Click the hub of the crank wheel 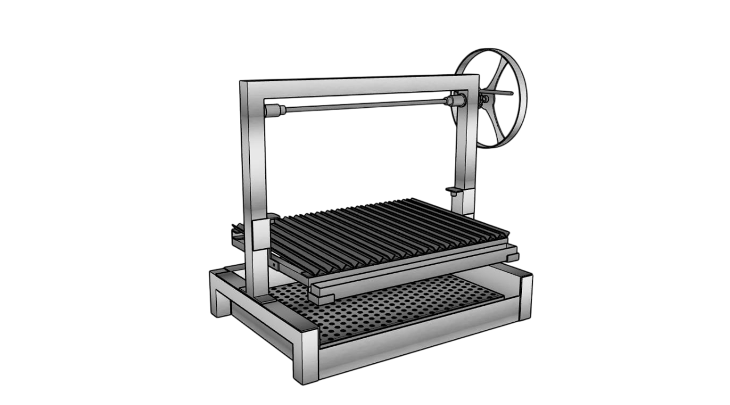[x=485, y=99]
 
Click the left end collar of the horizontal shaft [x=275, y=110]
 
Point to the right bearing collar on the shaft [x=454, y=102]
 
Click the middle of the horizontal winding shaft [x=365, y=106]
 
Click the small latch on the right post [x=454, y=190]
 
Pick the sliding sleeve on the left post [x=259, y=233]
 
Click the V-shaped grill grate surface [x=388, y=231]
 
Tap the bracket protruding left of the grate [x=237, y=233]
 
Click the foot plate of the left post [x=263, y=298]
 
